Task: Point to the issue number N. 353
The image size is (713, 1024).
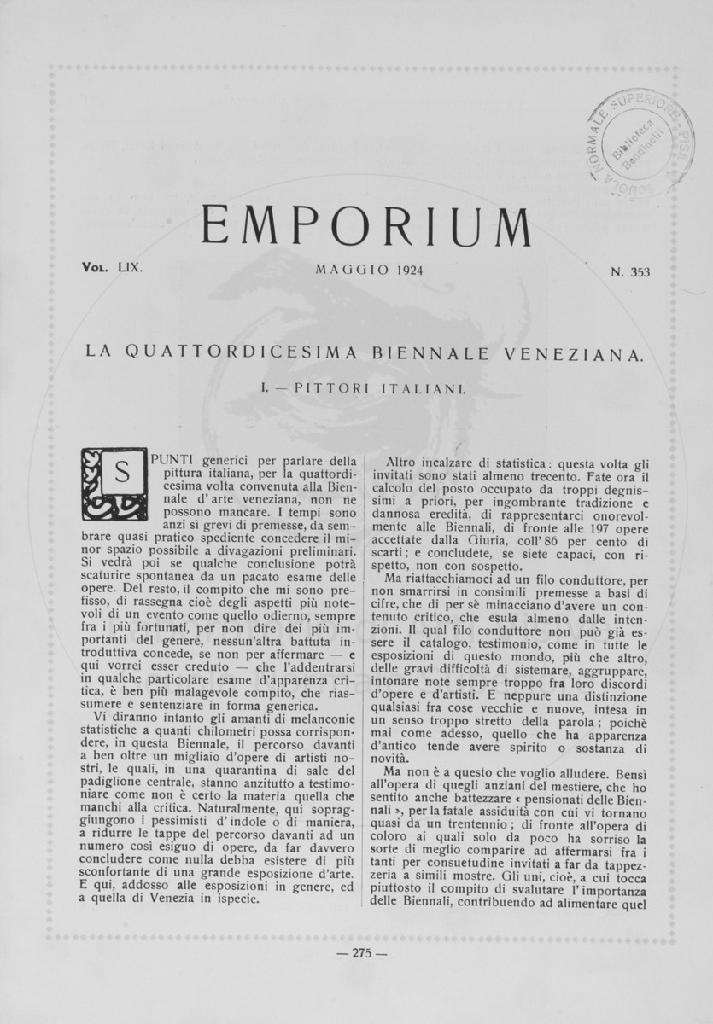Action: pos(630,273)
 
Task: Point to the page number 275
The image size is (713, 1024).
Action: pos(363,954)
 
